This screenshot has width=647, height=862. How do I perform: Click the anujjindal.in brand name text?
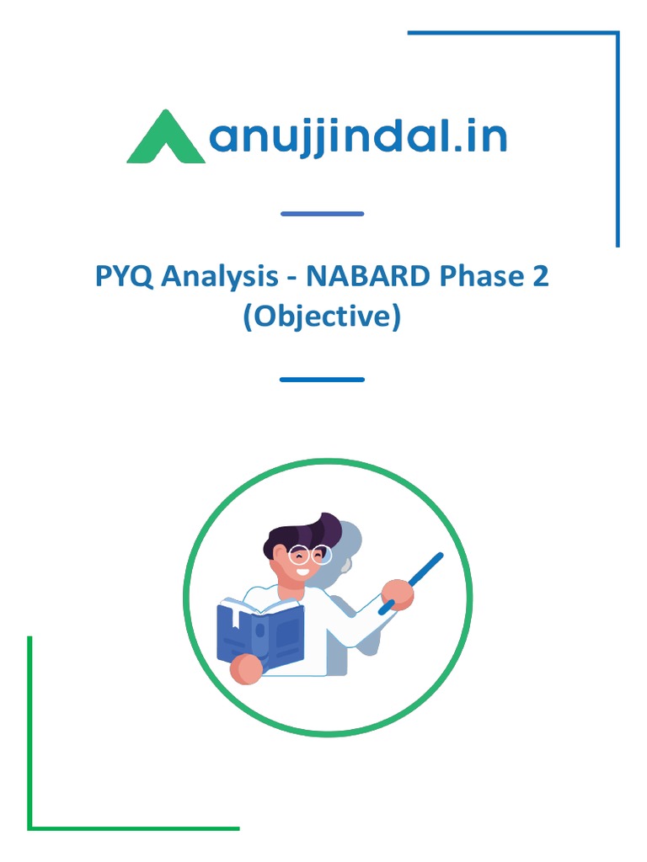point(357,139)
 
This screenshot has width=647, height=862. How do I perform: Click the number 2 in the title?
point(540,275)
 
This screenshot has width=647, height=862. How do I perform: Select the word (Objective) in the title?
point(322,317)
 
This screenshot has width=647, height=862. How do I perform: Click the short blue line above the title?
point(322,214)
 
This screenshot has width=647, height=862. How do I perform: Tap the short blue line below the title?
point(322,380)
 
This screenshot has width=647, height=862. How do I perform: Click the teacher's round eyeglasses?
point(309,556)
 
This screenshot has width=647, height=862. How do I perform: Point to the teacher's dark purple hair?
point(303,532)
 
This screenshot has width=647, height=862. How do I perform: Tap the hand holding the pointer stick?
point(397,594)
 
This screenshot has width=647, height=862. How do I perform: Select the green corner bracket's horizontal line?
point(135,828)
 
